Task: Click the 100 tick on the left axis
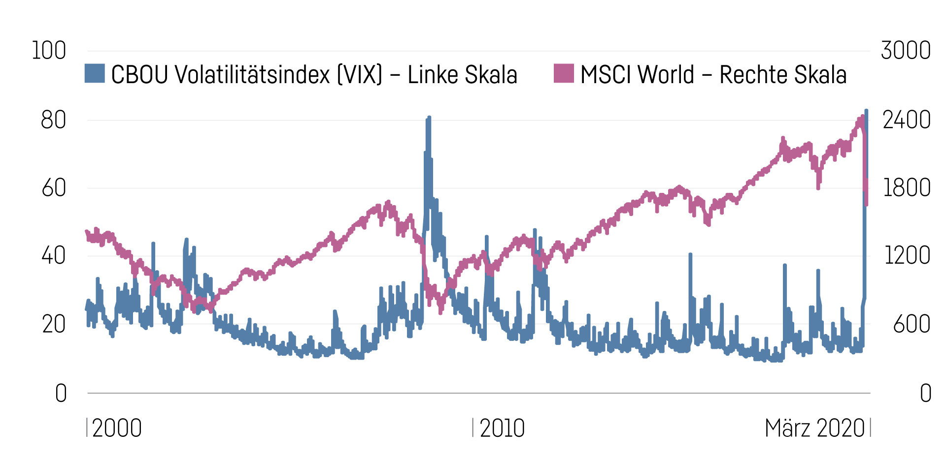(x=49, y=51)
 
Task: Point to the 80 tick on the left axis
(x=53, y=120)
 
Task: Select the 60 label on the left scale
(x=53, y=188)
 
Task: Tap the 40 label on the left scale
(x=53, y=256)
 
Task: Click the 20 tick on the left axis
(x=53, y=324)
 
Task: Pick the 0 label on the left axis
(x=61, y=393)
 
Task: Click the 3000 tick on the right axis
(x=906, y=51)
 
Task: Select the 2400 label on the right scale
(x=907, y=120)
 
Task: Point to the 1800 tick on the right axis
(x=907, y=188)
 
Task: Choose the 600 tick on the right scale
(x=912, y=324)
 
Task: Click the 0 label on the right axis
(x=926, y=393)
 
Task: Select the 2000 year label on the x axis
(x=117, y=428)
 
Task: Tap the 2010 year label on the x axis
(x=502, y=428)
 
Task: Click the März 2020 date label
(x=814, y=428)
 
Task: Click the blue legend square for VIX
(x=95, y=73)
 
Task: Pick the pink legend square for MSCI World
(x=564, y=73)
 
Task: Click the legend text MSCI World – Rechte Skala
(x=713, y=75)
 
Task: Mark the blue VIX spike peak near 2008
(x=429, y=118)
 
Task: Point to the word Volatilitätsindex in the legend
(x=252, y=75)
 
